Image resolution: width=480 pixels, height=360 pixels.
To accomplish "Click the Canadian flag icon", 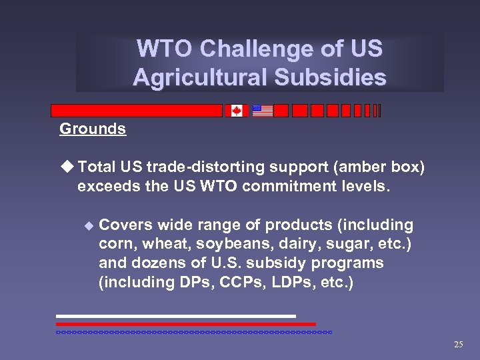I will click(236, 111).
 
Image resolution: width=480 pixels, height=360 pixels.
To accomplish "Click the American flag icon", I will click(263, 111).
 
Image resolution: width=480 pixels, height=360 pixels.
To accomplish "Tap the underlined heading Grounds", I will click(93, 129).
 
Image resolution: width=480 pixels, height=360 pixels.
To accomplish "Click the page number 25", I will click(458, 345).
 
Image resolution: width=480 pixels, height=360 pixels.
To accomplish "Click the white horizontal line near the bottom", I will click(175, 316).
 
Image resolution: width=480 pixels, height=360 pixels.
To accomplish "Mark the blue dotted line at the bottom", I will click(193, 331).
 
